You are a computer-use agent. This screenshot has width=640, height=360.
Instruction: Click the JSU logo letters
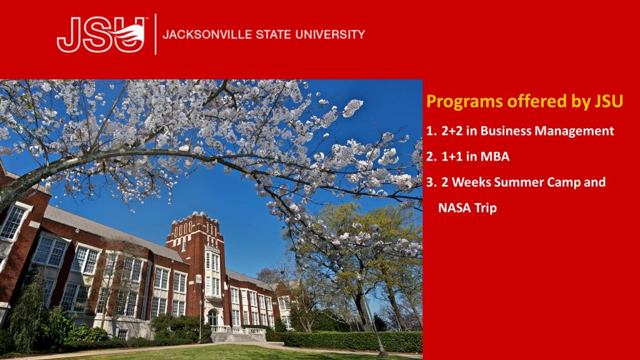(101, 35)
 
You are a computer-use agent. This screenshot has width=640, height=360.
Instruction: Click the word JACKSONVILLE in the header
(207, 34)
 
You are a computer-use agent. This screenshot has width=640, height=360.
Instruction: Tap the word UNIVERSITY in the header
(330, 34)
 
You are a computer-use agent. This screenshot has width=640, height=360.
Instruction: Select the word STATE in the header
(274, 34)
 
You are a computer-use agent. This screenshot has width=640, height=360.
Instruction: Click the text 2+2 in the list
(452, 131)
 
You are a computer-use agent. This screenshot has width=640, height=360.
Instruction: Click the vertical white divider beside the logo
(156, 34)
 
